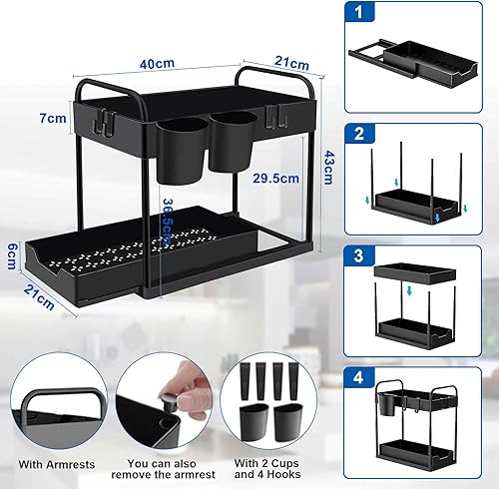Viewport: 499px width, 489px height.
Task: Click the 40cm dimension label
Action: coord(157,64)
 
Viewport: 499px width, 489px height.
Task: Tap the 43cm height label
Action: coord(328,168)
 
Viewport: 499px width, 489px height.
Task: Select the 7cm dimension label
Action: coord(53,118)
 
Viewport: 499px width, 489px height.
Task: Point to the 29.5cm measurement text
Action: coord(276,179)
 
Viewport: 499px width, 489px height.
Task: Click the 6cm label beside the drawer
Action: coord(12,256)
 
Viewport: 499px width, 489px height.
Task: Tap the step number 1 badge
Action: coord(359,12)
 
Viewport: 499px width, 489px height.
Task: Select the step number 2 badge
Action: coord(359,134)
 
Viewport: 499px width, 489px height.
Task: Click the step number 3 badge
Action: coord(359,255)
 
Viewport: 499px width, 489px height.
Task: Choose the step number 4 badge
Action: coord(359,378)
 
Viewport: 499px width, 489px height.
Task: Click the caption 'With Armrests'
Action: coord(57,464)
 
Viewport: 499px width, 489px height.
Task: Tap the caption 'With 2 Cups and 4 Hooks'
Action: coord(267,468)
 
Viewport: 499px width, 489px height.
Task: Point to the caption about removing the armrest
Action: coord(163,469)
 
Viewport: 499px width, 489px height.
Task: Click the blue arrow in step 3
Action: coord(409,291)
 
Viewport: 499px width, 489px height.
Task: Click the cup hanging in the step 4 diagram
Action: coord(386,404)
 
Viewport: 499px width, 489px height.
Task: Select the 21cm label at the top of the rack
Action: coord(291,63)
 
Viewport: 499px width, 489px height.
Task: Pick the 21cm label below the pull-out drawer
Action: coord(39,297)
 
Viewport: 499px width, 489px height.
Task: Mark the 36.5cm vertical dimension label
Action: coord(168,222)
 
